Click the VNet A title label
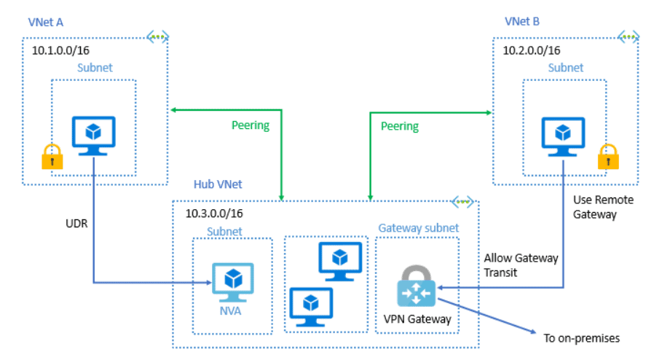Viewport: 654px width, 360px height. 45,22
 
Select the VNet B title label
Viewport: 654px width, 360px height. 521,22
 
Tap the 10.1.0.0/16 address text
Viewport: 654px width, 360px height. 60,50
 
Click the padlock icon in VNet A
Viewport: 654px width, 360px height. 51,156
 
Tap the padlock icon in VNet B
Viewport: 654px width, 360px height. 607,156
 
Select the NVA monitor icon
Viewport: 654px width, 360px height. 232,281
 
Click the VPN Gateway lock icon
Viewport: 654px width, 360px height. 415,286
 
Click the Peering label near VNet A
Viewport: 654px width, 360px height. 250,125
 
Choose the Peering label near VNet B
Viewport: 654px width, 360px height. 400,126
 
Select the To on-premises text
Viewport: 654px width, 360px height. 583,338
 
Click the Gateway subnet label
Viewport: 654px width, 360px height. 418,228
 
